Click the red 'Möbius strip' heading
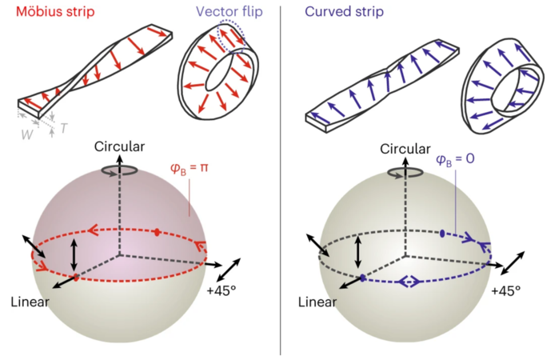(55, 11)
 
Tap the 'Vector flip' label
(230, 11)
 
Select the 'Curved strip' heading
(344, 11)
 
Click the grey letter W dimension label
(27, 134)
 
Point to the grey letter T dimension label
(64, 128)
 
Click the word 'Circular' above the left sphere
(119, 146)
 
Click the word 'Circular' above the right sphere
(405, 149)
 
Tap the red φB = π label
(190, 167)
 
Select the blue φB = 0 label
(455, 158)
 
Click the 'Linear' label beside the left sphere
(30, 302)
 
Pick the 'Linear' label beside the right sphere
(317, 302)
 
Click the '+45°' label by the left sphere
(222, 290)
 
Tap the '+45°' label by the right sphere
(506, 290)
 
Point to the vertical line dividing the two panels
(280, 180)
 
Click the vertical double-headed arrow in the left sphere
(74, 254)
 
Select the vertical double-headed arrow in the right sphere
(358, 252)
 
